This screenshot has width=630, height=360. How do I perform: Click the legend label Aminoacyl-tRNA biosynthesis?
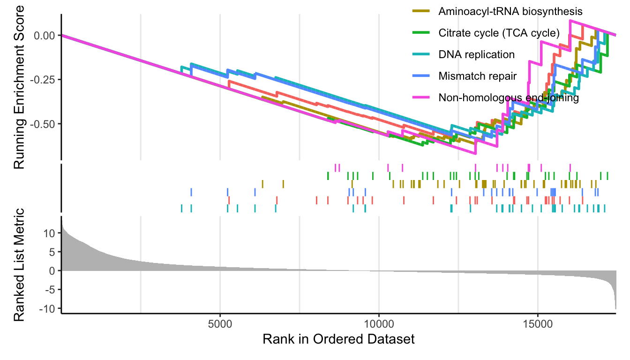click(x=504, y=11)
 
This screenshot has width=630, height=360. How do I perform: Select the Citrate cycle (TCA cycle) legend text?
click(x=499, y=33)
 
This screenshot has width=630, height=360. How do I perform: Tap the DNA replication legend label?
click(x=476, y=54)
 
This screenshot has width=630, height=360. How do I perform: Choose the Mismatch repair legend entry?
click(x=477, y=76)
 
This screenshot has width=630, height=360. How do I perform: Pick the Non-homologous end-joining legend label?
click(x=509, y=98)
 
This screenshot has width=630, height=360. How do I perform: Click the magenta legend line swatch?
click(x=420, y=98)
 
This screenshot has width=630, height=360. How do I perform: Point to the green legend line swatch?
click(x=420, y=33)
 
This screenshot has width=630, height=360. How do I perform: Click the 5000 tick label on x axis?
click(x=220, y=324)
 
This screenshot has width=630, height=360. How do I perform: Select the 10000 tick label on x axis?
click(x=378, y=324)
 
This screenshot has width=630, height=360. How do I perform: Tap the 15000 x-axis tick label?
click(x=537, y=324)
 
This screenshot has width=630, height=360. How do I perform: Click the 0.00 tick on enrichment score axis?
click(x=45, y=35)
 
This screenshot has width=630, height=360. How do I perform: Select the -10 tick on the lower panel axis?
click(x=49, y=308)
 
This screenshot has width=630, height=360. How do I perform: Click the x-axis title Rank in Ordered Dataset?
click(x=338, y=339)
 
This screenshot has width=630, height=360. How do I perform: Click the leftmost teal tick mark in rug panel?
click(x=181, y=208)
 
